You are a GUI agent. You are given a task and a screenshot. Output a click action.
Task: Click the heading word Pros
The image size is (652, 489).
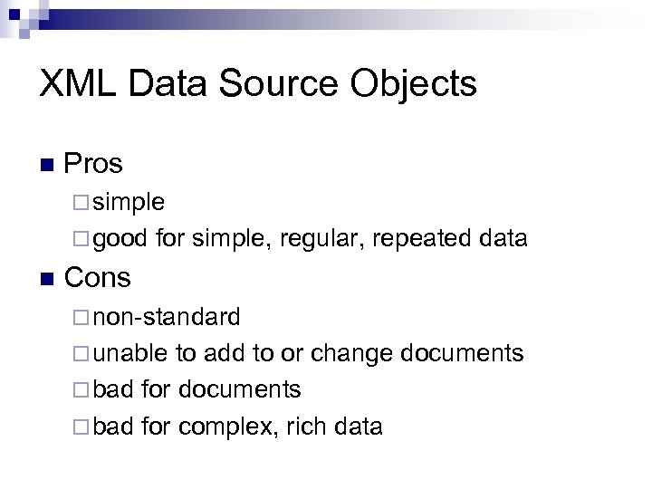[x=94, y=164]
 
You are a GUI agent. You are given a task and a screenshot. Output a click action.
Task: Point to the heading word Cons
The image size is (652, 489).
[x=98, y=277]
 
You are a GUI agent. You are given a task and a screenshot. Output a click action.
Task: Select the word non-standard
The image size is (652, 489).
[x=168, y=317]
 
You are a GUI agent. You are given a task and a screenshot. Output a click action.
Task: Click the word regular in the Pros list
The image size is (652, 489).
[x=320, y=240]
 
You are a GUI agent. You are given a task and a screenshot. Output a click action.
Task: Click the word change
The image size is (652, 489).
[x=350, y=354]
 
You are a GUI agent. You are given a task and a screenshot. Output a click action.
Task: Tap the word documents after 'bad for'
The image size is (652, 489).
[x=240, y=389]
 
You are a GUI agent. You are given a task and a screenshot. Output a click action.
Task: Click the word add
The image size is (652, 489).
[x=223, y=353]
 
